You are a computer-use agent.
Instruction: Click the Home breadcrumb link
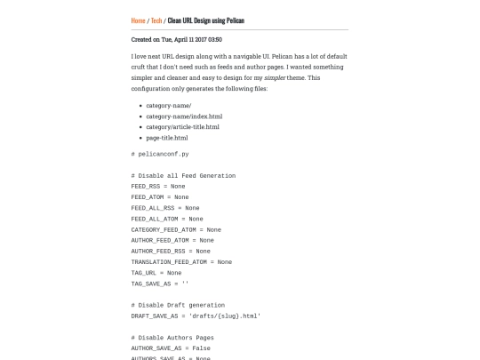138,20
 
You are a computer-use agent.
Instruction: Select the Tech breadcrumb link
156,20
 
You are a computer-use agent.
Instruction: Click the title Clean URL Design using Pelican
205,20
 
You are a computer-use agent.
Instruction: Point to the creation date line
176,39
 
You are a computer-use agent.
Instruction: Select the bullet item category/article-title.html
182,127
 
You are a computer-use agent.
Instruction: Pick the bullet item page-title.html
167,138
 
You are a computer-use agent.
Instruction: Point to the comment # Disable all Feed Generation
183,175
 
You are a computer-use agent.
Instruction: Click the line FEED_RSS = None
158,186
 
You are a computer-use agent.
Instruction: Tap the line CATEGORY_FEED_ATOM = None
176,229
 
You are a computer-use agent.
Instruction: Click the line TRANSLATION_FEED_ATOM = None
181,261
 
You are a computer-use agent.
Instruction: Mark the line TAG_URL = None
156,273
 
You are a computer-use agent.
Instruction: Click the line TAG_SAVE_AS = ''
160,284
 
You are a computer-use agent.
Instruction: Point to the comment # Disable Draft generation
178,305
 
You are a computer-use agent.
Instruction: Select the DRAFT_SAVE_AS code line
196,316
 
